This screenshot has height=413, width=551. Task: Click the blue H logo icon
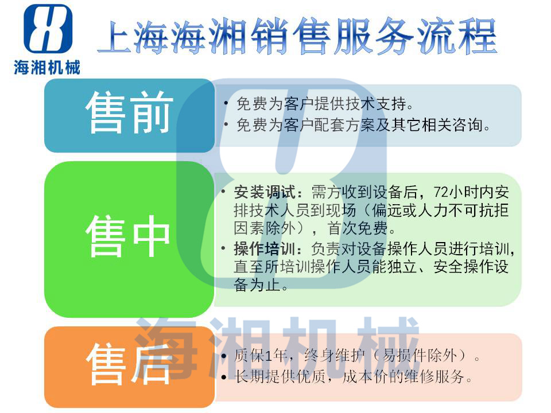click(x=48, y=29)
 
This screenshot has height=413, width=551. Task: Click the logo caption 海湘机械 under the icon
click(x=47, y=67)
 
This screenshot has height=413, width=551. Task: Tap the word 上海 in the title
click(x=134, y=37)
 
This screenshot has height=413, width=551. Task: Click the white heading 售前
click(x=129, y=112)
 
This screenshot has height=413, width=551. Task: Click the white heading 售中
click(x=128, y=236)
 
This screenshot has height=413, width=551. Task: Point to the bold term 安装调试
click(x=265, y=192)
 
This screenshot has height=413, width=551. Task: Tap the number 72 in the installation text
click(x=441, y=193)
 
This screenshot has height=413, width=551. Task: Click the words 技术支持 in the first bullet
click(x=375, y=103)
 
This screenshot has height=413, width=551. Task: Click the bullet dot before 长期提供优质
click(x=224, y=377)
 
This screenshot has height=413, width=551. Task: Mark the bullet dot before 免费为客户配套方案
click(x=226, y=124)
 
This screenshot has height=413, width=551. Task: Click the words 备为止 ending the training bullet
click(x=257, y=285)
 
